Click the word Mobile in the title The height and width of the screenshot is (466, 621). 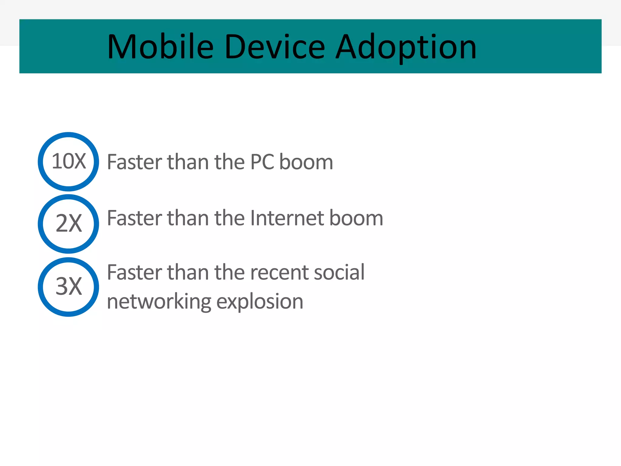pos(160,47)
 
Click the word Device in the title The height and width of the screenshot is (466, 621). pos(275,47)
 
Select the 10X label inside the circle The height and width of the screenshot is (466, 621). pos(69,161)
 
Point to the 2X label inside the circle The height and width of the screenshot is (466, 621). pos(69,223)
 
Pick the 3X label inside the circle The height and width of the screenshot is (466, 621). pos(69,286)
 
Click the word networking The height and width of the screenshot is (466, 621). pos(159,302)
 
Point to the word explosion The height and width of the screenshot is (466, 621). pos(260,302)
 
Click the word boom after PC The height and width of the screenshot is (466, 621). pos(306,162)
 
